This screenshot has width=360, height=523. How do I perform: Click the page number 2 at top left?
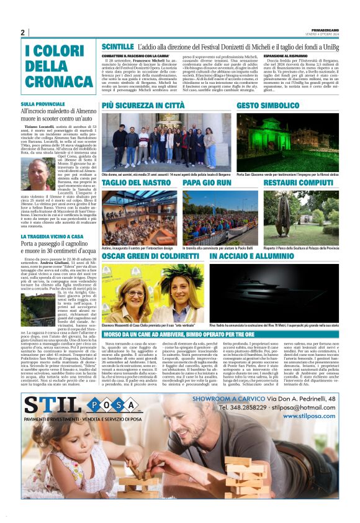[x=22, y=32]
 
